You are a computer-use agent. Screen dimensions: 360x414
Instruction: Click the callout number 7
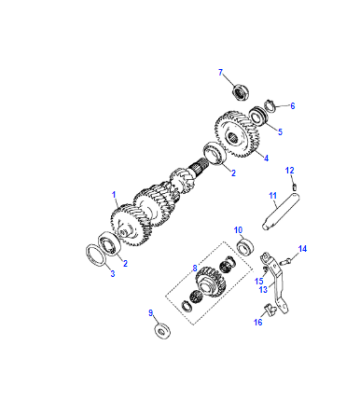click(x=220, y=72)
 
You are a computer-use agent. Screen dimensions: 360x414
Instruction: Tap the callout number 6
click(x=293, y=106)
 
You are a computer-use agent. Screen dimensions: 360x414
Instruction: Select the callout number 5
click(x=280, y=132)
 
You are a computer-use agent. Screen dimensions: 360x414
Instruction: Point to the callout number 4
click(x=266, y=158)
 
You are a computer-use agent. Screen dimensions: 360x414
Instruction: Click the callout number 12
click(x=290, y=171)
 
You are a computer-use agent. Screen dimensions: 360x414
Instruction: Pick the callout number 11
click(x=273, y=195)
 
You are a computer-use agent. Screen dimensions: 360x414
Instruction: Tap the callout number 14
click(x=302, y=249)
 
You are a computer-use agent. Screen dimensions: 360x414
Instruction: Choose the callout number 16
click(x=258, y=322)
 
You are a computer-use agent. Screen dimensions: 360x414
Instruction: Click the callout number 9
click(x=151, y=313)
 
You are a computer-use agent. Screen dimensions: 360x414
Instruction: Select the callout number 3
click(x=113, y=274)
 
